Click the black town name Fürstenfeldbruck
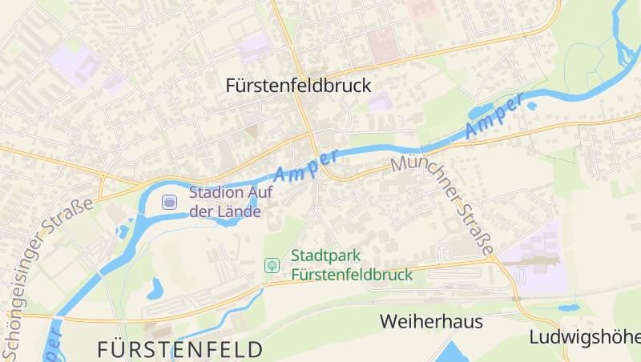pos(299,85)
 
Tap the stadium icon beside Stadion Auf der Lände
pos(169,201)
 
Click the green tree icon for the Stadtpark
pos(272,263)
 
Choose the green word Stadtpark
pos(326,256)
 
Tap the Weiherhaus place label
pos(431,321)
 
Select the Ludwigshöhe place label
pos(583,336)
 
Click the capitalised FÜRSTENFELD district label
pos(179,349)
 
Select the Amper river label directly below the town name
pos(307,163)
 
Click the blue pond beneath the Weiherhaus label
pos(454,352)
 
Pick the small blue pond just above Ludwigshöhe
pos(569,308)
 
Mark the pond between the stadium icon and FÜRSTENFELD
pos(155,288)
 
